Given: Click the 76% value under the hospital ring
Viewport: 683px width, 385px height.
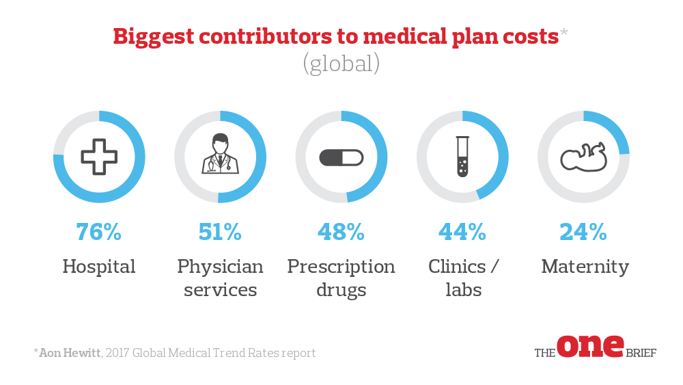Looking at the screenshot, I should click(99, 233).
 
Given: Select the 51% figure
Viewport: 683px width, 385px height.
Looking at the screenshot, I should click(220, 233).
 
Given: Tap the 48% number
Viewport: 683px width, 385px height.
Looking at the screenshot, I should click(341, 233).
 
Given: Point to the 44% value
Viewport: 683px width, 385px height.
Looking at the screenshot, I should click(462, 233).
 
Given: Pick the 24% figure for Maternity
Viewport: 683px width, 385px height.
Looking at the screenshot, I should click(583, 233).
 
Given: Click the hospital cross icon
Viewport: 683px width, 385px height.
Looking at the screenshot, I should click(99, 157).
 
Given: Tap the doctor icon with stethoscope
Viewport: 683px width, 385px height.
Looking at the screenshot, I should click(220, 155).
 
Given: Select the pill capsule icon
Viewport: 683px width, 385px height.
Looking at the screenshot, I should click(341, 157).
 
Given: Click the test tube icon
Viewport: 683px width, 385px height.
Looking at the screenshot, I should click(462, 157).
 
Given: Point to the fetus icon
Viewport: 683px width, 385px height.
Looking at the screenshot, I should click(583, 157).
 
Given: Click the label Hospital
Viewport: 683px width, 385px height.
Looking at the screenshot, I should click(99, 266).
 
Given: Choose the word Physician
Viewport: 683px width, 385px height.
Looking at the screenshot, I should click(220, 266).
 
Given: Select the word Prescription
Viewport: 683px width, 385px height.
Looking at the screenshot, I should click(341, 266).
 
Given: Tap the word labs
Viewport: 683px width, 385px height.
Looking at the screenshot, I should click(464, 289).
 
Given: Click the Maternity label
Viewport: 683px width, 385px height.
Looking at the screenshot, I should click(585, 266).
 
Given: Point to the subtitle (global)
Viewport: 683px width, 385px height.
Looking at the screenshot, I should click(341, 64).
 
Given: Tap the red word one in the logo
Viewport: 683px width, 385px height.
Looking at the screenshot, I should click(590, 346).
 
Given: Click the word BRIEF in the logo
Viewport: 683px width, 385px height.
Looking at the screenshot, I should click(641, 354).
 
